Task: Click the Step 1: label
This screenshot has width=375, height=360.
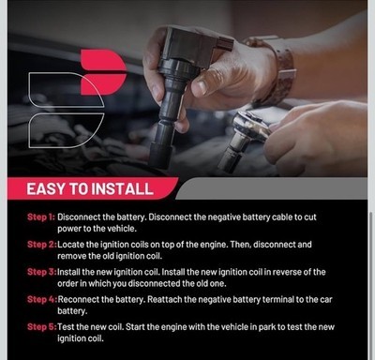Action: (x=41, y=217)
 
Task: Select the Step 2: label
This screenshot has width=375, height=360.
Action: (x=42, y=245)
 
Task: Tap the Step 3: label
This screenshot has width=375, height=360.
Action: (x=42, y=272)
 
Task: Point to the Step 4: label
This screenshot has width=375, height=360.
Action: (x=42, y=299)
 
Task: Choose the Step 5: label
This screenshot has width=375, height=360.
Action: (x=42, y=327)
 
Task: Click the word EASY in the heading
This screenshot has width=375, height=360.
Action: (x=46, y=189)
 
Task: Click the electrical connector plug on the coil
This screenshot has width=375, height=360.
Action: (x=225, y=44)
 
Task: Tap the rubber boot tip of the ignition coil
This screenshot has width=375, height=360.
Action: (x=160, y=156)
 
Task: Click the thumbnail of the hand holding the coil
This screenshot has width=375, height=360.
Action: (x=202, y=87)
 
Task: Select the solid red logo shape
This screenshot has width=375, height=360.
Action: (x=103, y=72)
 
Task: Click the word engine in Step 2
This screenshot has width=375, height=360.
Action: (x=213, y=245)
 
